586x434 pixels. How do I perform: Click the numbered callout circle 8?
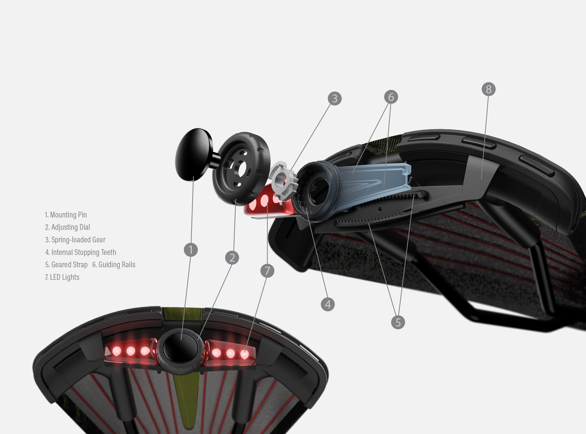(x=489, y=89)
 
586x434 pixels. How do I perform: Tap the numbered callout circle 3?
(x=335, y=99)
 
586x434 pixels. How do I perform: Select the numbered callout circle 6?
(x=391, y=97)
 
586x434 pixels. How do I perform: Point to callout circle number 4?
(x=328, y=304)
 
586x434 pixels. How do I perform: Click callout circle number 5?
(x=398, y=322)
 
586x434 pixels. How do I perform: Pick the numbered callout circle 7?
(x=267, y=271)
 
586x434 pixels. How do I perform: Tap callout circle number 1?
(x=191, y=250)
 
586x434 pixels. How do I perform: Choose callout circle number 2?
(x=232, y=257)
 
